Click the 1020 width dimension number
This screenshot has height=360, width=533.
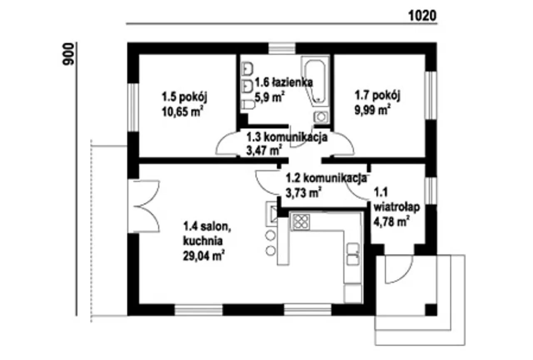tap(422, 16)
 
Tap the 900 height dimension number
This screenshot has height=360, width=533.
tap(68, 54)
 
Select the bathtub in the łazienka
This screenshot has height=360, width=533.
tap(316, 81)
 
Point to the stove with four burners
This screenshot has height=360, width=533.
tap(301, 222)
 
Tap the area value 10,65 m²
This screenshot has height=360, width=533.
tap(182, 112)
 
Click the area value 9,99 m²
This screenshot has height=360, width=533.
tap(373, 110)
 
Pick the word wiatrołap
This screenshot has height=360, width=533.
tap(397, 207)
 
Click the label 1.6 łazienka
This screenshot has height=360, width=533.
tap(284, 82)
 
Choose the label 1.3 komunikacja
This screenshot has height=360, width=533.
tap(287, 137)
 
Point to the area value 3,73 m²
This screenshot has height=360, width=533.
tap(304, 192)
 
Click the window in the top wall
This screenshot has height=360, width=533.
tap(282, 48)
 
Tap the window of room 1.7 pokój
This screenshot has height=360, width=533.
tap(431, 95)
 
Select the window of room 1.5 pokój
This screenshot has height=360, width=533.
tap(133, 107)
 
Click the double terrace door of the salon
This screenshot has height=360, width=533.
tap(144, 206)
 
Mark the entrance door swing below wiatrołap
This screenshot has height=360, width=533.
tap(399, 269)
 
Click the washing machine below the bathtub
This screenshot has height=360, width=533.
tap(321, 117)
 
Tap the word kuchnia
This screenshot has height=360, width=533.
tap(203, 241)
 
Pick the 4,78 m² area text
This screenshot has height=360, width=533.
tap(392, 222)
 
